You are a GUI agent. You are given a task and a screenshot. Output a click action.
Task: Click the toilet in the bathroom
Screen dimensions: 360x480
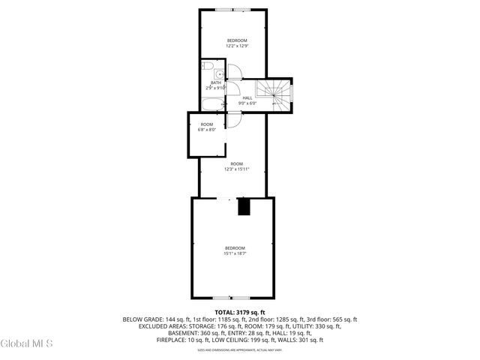tap(217, 73)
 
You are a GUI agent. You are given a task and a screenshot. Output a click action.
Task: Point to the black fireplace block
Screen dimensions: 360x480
tap(244, 207)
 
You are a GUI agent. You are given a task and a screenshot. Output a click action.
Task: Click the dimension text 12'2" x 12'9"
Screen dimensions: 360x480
tap(237, 46)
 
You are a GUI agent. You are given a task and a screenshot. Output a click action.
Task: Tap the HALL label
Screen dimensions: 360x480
tap(247, 97)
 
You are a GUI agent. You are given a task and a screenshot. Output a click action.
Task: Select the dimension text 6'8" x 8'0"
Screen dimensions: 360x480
tap(206, 130)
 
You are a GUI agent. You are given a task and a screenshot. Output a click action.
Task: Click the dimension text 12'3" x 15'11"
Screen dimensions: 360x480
tap(237, 169)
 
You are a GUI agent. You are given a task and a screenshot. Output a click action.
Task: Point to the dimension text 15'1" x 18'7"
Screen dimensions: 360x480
tap(235, 253)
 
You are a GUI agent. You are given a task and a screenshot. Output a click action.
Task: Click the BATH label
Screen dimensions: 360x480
tap(216, 82)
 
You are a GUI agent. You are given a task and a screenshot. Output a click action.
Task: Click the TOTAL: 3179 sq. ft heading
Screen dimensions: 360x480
tap(239, 311)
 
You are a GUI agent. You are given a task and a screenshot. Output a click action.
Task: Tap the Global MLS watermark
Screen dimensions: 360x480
tap(27, 344)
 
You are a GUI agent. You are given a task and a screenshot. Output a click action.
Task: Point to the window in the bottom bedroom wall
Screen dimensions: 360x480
tap(232, 298)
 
